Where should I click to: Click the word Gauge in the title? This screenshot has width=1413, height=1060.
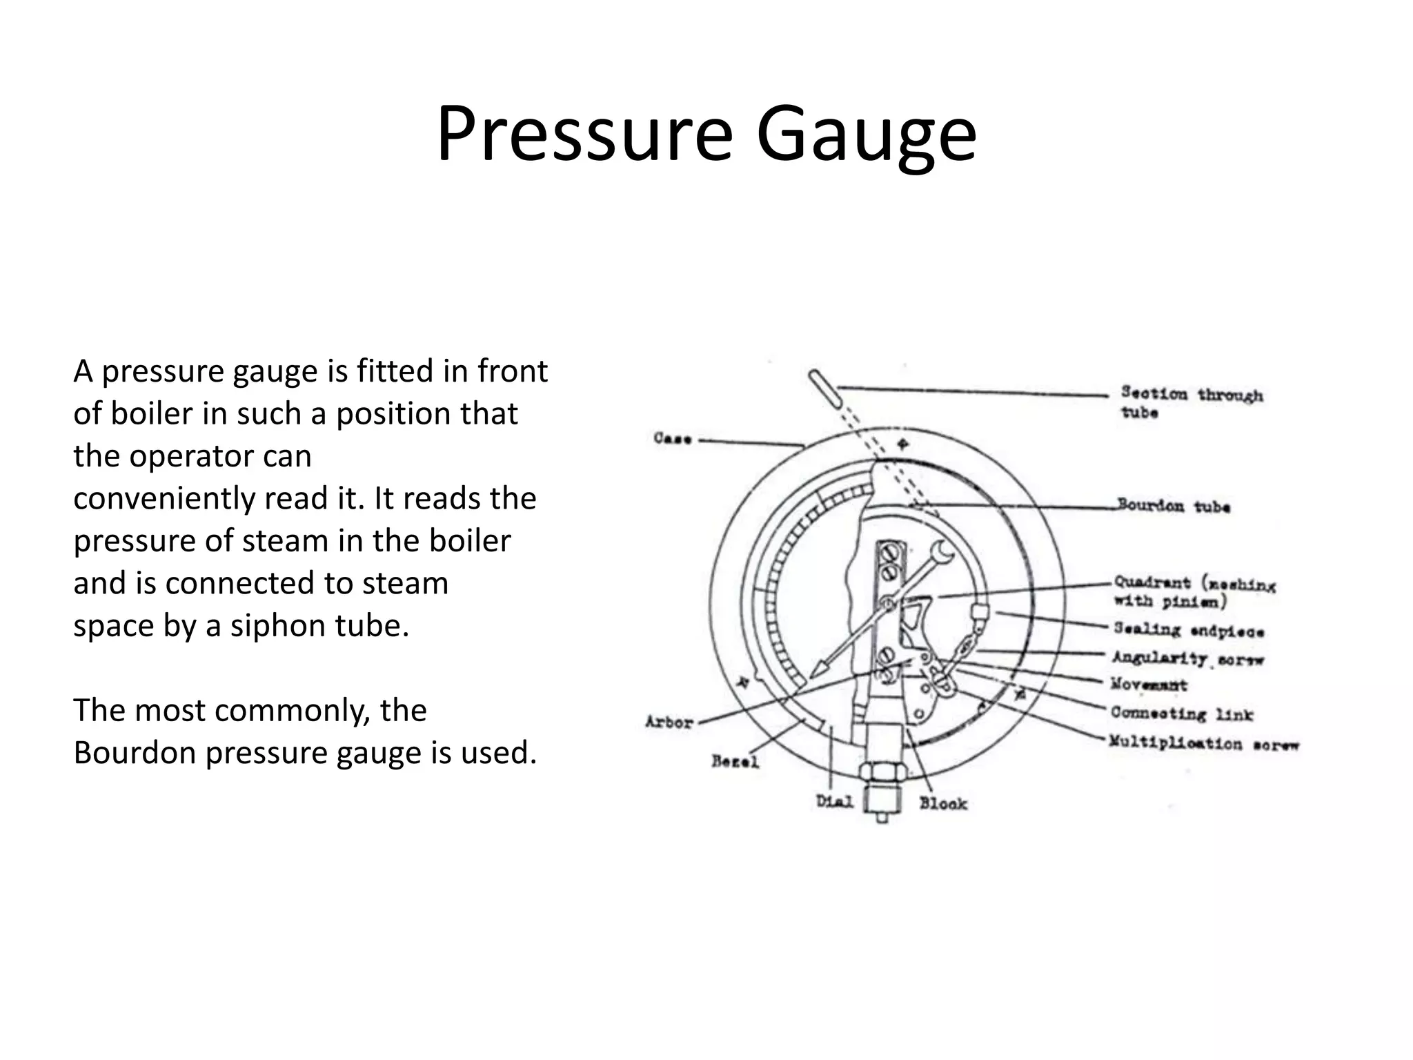point(866,135)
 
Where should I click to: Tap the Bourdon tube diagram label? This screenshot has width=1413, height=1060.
point(1174,506)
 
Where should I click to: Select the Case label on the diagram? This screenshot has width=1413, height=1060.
point(672,438)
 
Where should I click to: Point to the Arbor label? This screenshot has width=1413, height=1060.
point(669,723)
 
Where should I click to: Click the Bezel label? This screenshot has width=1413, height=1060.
point(735,762)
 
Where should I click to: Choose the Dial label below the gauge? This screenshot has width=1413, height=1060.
point(835,802)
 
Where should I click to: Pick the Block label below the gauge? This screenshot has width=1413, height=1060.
point(943,803)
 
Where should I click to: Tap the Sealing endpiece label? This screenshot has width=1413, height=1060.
point(1189,630)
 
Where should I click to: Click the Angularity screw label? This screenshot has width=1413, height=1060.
point(1187,658)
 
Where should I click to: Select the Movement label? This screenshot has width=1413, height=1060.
point(1149,685)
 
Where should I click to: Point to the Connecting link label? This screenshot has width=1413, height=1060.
point(1181,714)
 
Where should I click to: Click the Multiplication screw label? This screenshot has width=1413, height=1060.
point(1204,743)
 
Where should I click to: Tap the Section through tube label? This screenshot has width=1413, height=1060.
point(1192,402)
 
